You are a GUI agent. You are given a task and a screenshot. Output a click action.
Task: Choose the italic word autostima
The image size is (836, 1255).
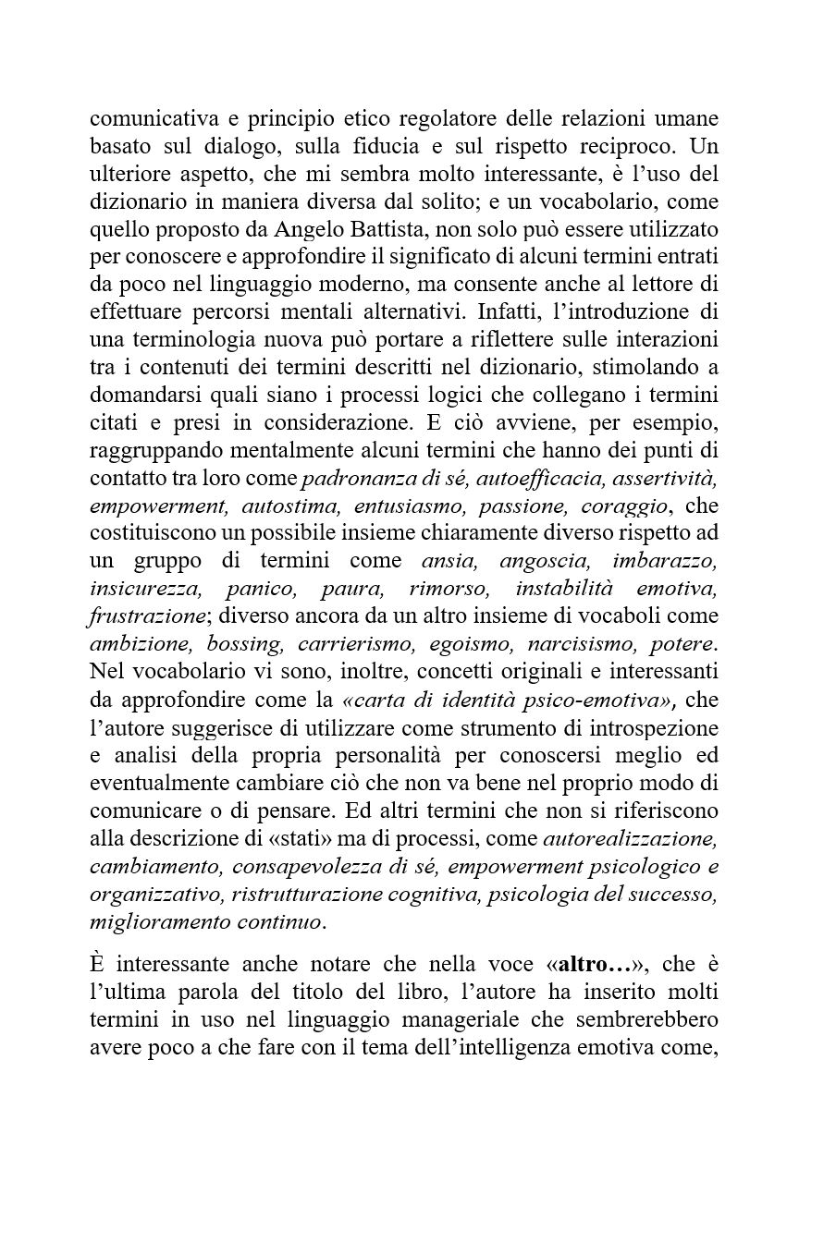(281, 506)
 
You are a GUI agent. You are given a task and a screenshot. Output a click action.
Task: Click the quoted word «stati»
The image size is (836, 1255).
(341, 839)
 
